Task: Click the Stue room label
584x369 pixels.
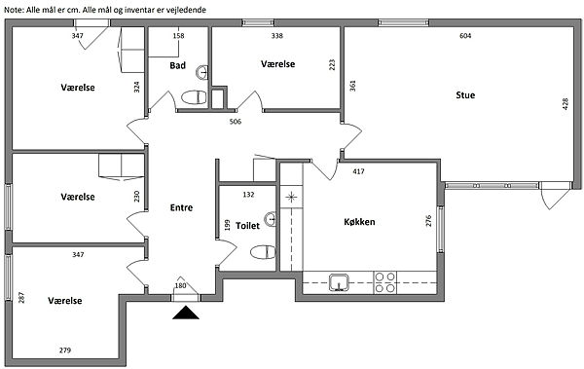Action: point(465,95)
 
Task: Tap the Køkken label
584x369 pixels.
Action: point(359,222)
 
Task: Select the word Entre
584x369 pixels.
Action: point(181,207)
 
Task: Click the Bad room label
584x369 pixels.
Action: point(178,65)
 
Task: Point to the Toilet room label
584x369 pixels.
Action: point(247,226)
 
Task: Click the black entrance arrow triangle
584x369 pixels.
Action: point(186,313)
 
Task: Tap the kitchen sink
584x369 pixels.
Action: point(339,282)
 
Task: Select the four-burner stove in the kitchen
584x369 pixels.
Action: point(384,282)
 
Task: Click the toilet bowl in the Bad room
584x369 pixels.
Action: point(194,97)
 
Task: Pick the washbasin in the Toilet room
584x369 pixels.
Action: point(271,219)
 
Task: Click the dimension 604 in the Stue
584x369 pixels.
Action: point(465,36)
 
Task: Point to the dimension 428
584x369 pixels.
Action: point(566,103)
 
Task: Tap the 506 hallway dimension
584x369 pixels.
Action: point(236,122)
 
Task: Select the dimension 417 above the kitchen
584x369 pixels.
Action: point(358,171)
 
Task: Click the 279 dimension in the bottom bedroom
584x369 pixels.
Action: point(65,350)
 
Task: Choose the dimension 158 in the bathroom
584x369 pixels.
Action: point(179,36)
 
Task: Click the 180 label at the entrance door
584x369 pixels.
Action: point(180,286)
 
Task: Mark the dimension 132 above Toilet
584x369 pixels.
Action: point(248,194)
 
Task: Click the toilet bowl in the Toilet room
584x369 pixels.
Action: point(263,252)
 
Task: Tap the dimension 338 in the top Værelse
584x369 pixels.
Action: point(277,36)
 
